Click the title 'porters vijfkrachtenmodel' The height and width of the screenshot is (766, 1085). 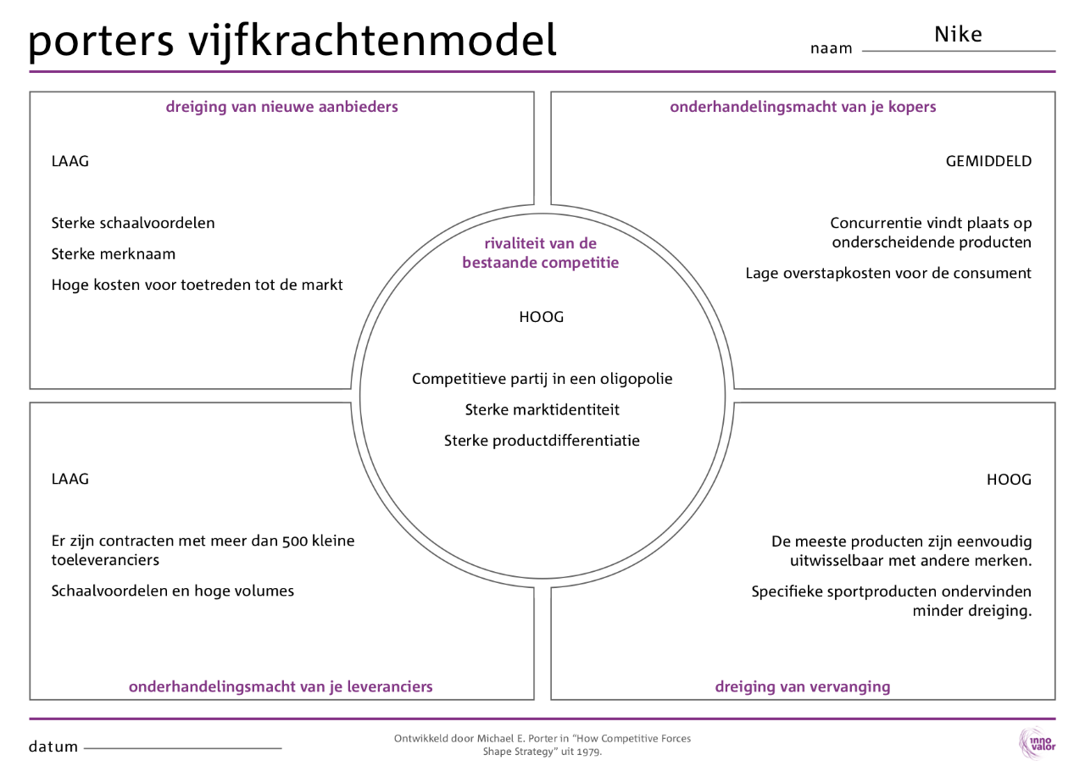point(292,41)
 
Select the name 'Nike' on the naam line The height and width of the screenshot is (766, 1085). point(958,35)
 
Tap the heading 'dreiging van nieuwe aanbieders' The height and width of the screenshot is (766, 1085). point(281,107)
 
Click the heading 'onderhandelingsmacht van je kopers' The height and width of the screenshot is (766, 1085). point(803,107)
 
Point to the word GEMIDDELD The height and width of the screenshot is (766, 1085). point(988,161)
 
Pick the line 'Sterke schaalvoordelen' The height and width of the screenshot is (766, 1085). point(133,223)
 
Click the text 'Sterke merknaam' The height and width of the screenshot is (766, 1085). point(114,254)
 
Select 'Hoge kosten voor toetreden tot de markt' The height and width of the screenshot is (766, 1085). point(197,285)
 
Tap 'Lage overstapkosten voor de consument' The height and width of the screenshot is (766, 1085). point(888,273)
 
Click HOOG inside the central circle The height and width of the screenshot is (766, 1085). point(541,318)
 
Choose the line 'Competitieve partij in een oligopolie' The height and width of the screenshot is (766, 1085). point(542,379)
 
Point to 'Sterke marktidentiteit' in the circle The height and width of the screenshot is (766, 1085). point(542,410)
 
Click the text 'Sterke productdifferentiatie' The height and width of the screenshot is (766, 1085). point(542,441)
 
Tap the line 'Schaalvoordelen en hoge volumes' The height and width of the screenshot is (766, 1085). point(172,591)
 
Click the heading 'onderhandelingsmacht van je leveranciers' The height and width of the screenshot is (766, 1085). point(281,686)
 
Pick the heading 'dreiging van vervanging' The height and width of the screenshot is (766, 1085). point(802,686)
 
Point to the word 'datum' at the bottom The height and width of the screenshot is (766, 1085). point(53,747)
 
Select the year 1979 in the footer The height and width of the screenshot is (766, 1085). point(588,752)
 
